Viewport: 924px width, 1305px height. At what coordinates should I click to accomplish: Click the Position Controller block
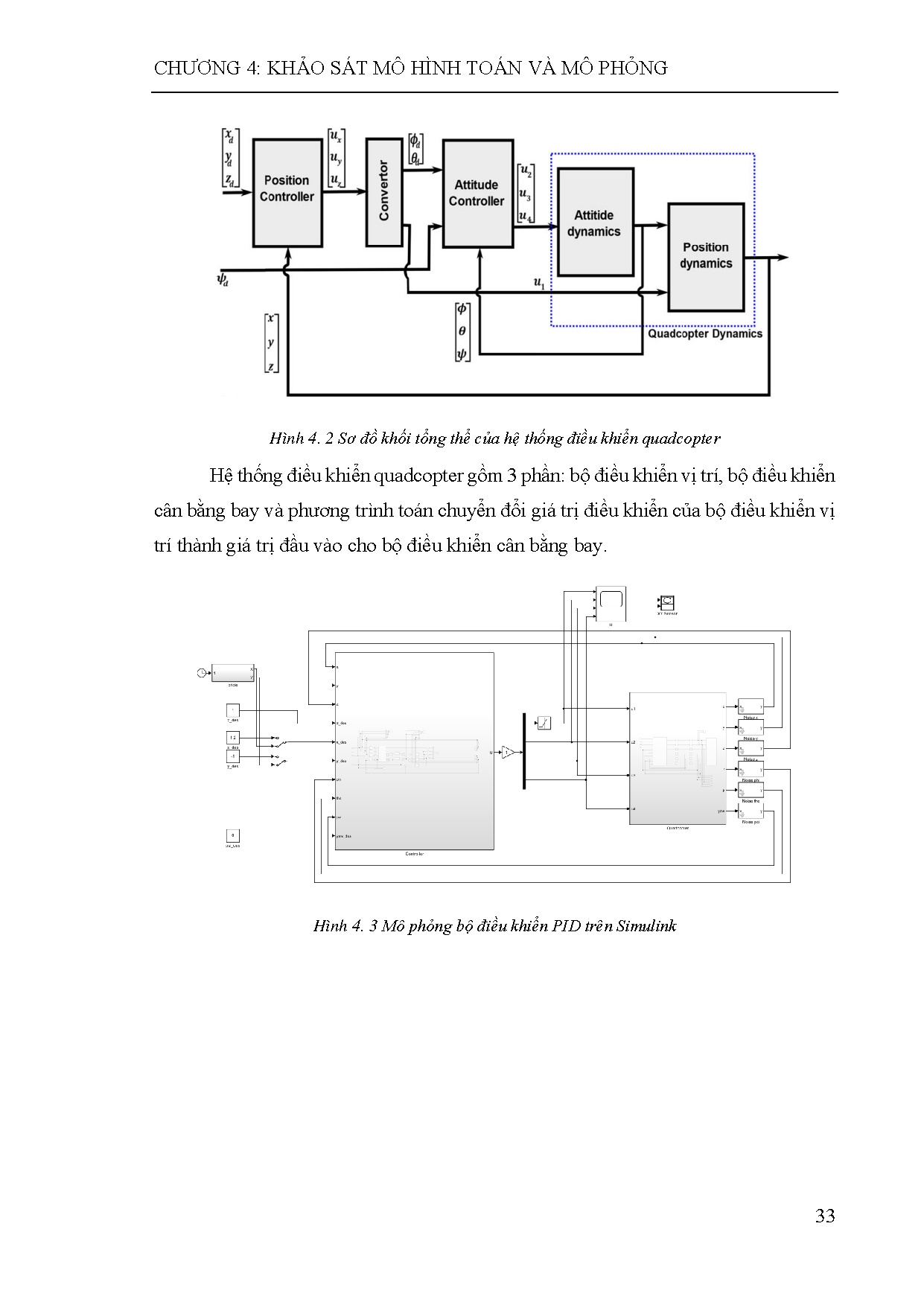287,192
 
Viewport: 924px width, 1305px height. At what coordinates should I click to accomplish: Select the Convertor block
384,191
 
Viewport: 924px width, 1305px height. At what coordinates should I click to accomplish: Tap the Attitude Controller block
477,193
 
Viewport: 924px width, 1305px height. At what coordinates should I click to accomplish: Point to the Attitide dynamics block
594,223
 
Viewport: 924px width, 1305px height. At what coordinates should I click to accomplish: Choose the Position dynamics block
705,256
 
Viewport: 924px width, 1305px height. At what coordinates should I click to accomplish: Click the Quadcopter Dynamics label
704,334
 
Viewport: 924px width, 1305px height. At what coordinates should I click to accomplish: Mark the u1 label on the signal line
539,282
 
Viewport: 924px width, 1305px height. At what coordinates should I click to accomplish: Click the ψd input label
223,280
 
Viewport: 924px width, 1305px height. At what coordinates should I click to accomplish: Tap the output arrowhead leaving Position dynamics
783,258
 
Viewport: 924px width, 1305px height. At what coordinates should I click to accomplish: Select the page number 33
825,1216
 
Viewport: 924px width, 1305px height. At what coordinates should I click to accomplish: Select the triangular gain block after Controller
507,753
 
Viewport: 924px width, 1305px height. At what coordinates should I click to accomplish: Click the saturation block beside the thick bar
544,722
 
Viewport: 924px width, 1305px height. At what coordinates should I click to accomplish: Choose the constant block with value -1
232,757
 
